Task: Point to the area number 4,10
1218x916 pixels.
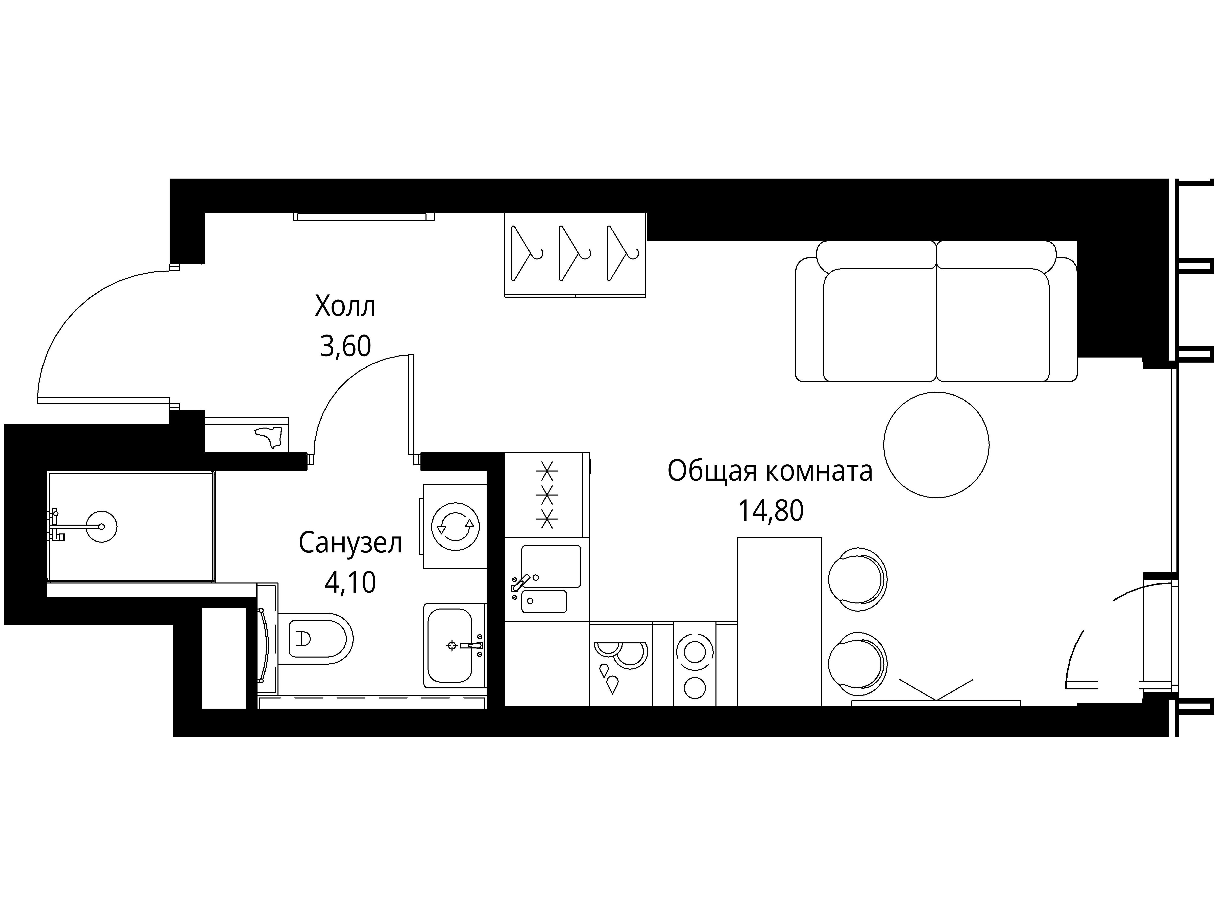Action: (350, 582)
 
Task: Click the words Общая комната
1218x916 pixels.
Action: (770, 472)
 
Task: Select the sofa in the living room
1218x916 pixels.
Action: (936, 311)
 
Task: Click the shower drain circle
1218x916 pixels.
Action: (102, 527)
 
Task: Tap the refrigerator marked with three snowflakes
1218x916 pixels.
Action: (547, 495)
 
